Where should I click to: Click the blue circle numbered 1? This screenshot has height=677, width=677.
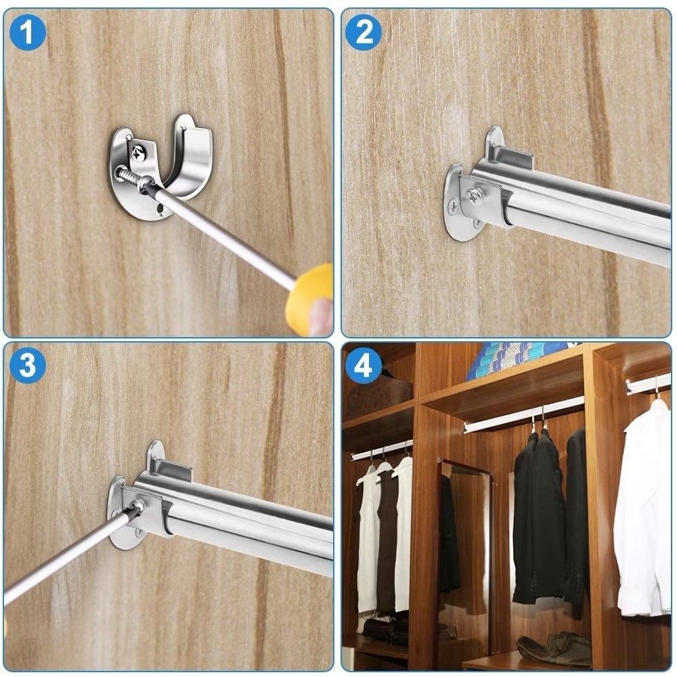pyautogui.click(x=27, y=32)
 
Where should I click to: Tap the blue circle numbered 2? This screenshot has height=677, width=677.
pyautogui.click(x=364, y=32)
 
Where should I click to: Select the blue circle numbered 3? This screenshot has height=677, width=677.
pyautogui.click(x=27, y=366)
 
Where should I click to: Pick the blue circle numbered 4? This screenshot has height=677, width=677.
pyautogui.click(x=364, y=366)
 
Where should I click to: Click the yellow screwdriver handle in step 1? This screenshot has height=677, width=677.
pyautogui.click(x=310, y=299)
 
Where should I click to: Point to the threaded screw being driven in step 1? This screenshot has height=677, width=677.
pyautogui.click(x=130, y=178)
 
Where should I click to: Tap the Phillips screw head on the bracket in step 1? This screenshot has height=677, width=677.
pyautogui.click(x=138, y=152)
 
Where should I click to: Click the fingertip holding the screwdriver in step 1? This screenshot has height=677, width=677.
pyautogui.click(x=321, y=317)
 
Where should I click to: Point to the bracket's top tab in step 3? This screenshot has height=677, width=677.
pyautogui.click(x=171, y=470)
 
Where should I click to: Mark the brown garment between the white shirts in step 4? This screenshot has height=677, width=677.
pyautogui.click(x=387, y=540)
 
